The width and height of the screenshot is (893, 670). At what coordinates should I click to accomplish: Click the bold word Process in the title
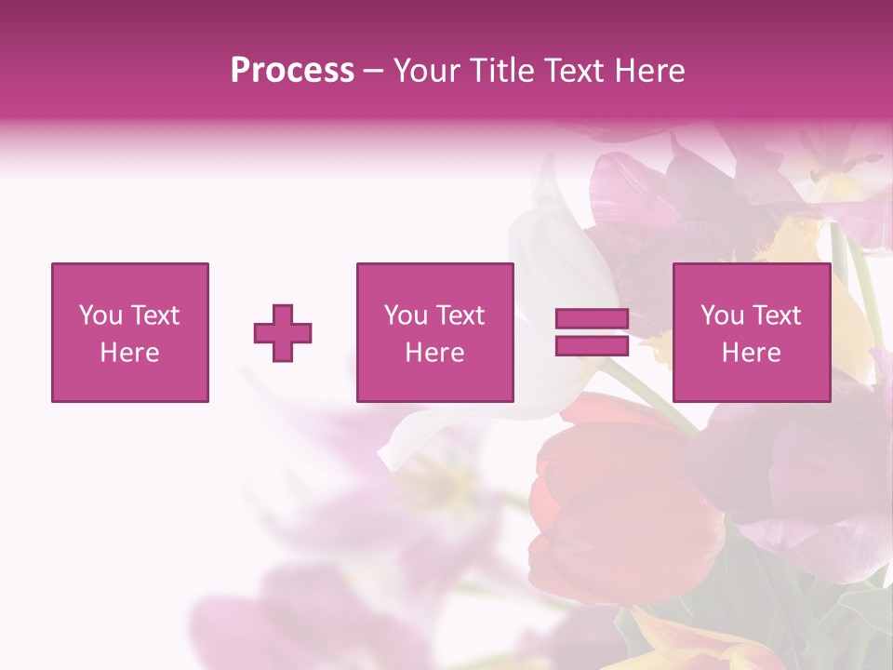tap(292, 71)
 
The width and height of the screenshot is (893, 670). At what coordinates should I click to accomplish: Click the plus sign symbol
tap(283, 333)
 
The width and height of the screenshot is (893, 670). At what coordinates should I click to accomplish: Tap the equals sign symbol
tap(592, 332)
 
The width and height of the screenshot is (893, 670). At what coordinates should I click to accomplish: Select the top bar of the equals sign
tap(592, 319)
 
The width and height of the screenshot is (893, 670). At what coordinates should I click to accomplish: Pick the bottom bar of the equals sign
tap(592, 345)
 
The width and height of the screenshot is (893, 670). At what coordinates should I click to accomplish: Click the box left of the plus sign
tap(130, 332)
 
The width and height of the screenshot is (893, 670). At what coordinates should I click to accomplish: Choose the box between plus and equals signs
tap(434, 332)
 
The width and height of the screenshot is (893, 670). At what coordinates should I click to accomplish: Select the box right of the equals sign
tap(752, 332)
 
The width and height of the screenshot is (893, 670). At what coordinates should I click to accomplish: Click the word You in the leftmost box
tap(100, 315)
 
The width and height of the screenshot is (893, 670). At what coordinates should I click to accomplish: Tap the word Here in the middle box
tap(434, 353)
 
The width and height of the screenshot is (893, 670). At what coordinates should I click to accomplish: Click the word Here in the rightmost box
tap(752, 353)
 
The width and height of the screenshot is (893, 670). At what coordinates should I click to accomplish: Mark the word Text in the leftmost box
tap(154, 315)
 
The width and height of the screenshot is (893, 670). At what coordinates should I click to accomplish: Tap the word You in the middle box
tap(406, 315)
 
